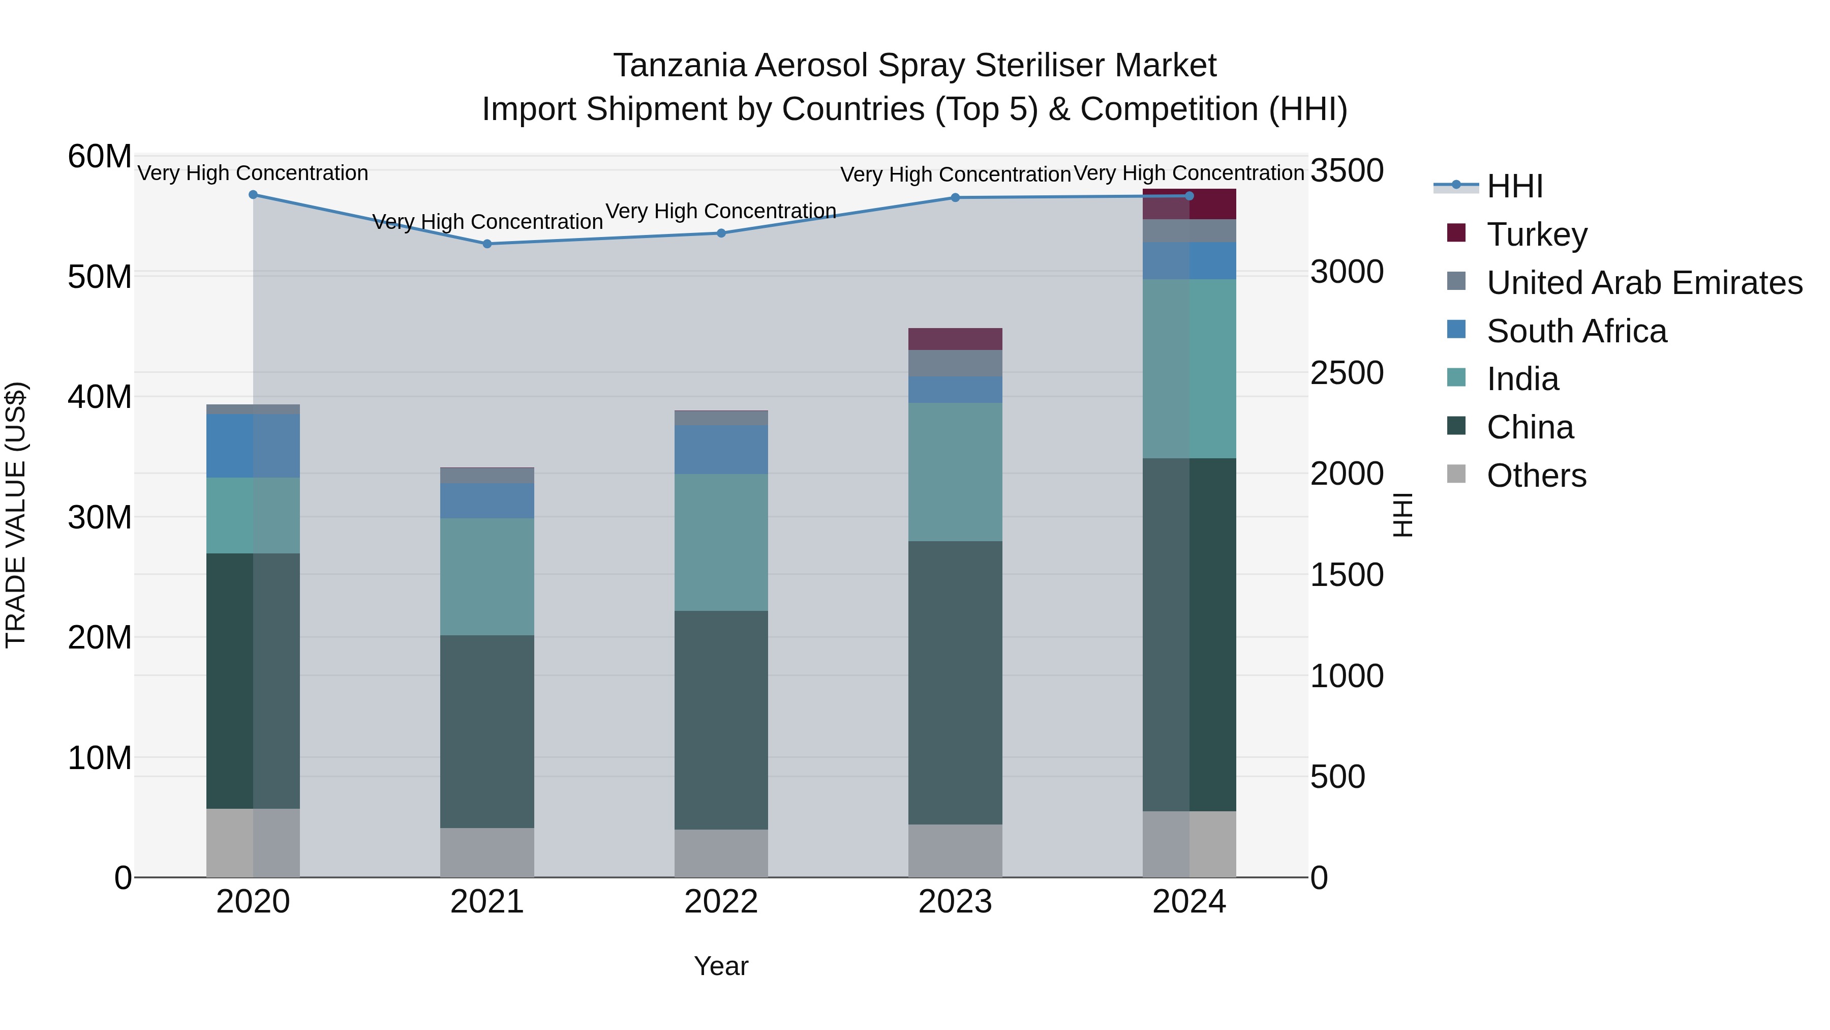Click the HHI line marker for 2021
(x=487, y=244)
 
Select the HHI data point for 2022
(x=721, y=233)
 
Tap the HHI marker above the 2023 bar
(x=956, y=198)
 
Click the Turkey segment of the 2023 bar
(x=956, y=339)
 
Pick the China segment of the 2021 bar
(x=487, y=731)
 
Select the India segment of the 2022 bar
(x=721, y=542)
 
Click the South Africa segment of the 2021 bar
(x=487, y=501)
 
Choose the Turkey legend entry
(x=1537, y=234)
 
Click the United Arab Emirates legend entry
(x=1644, y=282)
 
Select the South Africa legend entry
(x=1576, y=331)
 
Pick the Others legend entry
(x=1536, y=476)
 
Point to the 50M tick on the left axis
(x=100, y=277)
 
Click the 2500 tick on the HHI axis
(x=1346, y=373)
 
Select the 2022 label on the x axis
(x=721, y=902)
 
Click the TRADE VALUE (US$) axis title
(x=16, y=515)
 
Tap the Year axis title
(x=721, y=966)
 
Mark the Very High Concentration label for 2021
(x=487, y=222)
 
